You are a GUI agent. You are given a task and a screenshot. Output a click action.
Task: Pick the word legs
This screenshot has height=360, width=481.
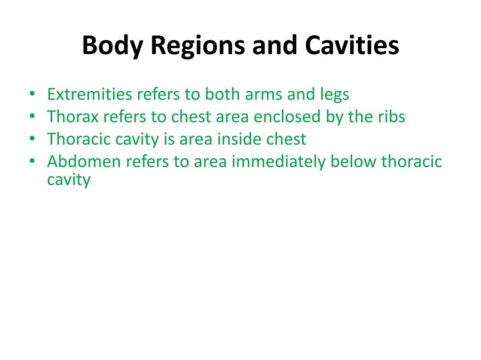click(x=332, y=96)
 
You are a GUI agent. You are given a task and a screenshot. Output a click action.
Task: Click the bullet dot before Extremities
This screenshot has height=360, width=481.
click(x=31, y=97)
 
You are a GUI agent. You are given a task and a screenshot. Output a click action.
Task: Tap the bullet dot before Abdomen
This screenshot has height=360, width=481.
click(x=31, y=161)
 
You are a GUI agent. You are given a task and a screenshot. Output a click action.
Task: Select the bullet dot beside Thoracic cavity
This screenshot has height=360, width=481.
click(x=31, y=140)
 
